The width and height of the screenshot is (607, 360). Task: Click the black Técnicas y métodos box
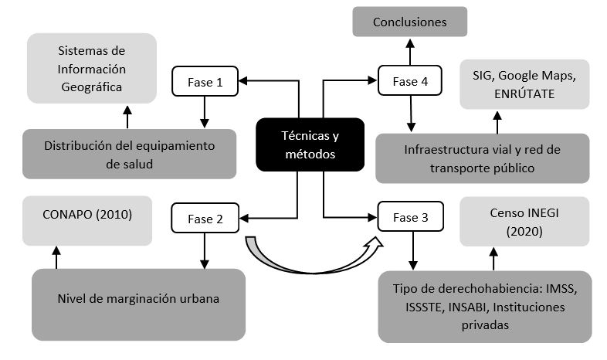pyautogui.click(x=310, y=144)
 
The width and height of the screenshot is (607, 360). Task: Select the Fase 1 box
pyautogui.click(x=204, y=81)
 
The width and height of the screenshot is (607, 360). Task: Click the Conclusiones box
pyautogui.click(x=409, y=22)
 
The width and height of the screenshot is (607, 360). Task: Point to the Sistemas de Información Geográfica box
pyautogui.click(x=91, y=69)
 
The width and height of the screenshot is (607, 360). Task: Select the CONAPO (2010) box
pyautogui.click(x=76, y=214)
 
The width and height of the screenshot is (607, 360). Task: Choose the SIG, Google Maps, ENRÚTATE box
pyautogui.click(x=524, y=83)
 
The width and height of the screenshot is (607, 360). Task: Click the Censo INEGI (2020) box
pyautogui.click(x=524, y=222)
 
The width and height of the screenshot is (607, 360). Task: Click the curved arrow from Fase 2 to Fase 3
pyautogui.click(x=309, y=261)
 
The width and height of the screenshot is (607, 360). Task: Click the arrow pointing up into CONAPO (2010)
pyautogui.click(x=56, y=256)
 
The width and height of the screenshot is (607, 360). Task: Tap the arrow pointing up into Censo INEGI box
pyautogui.click(x=493, y=259)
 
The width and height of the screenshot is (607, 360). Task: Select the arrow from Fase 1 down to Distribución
pyautogui.click(x=204, y=112)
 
